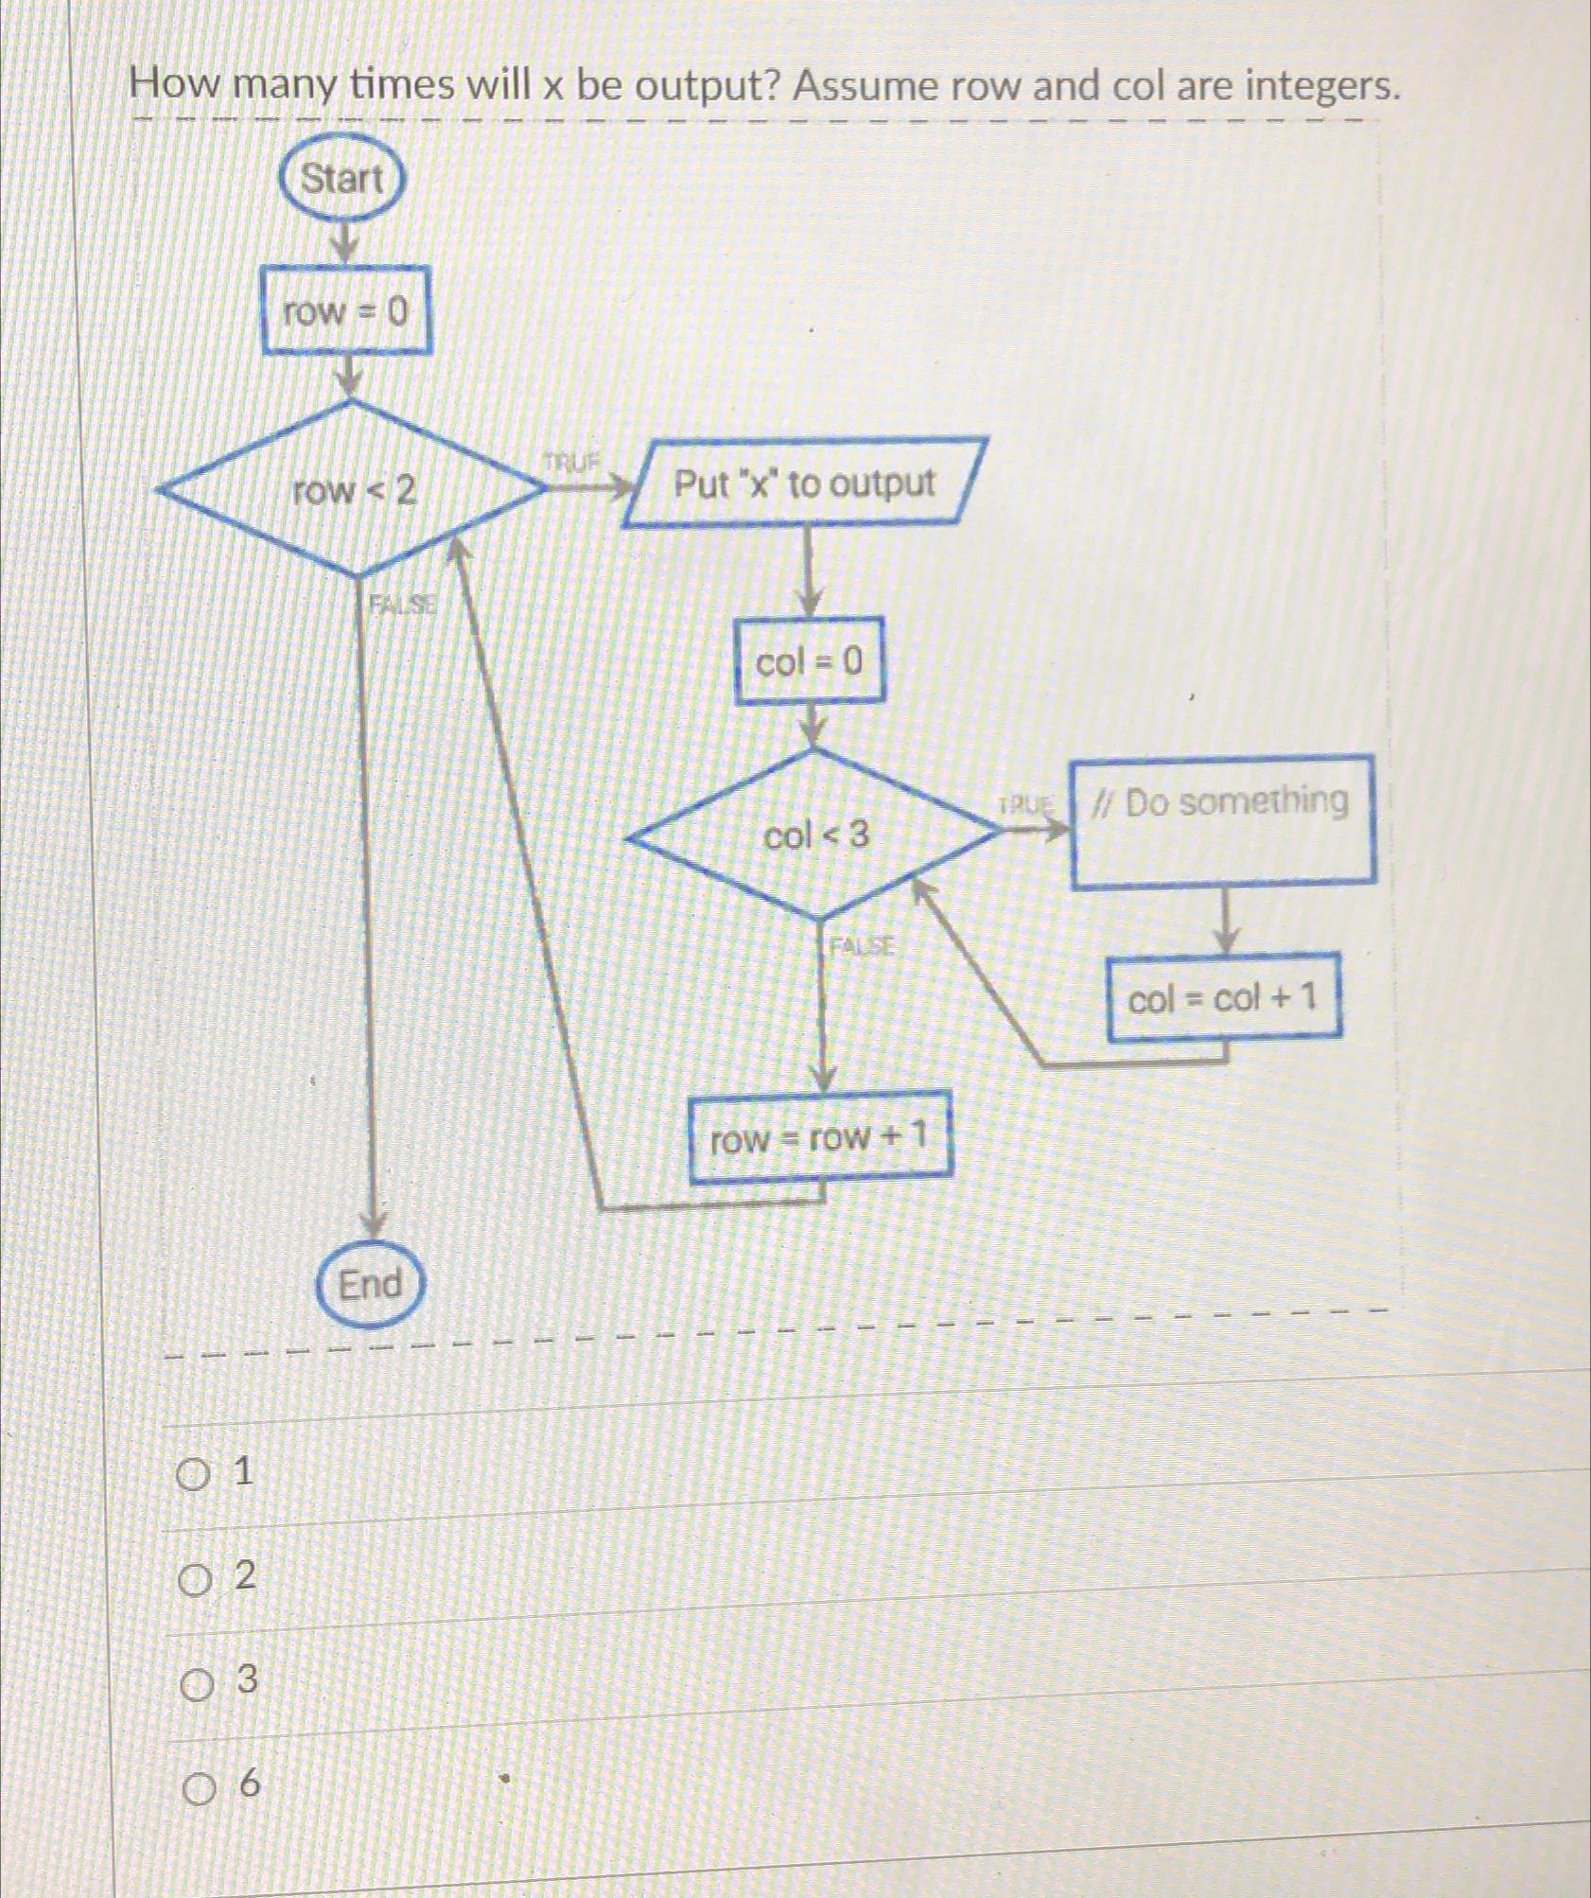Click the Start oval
pyautogui.click(x=341, y=178)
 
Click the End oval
pyautogui.click(x=370, y=1285)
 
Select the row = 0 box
pyautogui.click(x=346, y=310)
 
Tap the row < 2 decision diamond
pyautogui.click(x=353, y=490)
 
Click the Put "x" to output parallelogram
pyautogui.click(x=805, y=483)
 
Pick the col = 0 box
pyautogui.click(x=810, y=661)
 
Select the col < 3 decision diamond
pyautogui.click(x=815, y=835)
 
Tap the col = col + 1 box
pyautogui.click(x=1224, y=997)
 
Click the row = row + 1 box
pyautogui.click(x=819, y=1136)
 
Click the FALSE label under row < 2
pyautogui.click(x=402, y=604)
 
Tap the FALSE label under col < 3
pyautogui.click(x=861, y=945)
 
